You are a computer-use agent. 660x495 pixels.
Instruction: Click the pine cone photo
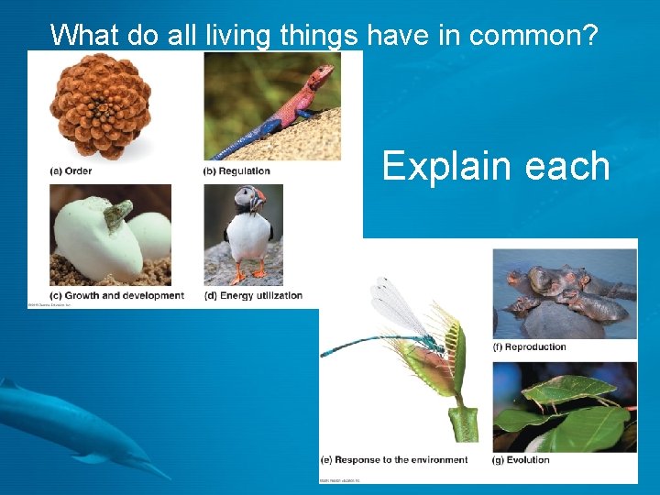[x=100, y=105]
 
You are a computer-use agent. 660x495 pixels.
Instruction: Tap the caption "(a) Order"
[x=71, y=170]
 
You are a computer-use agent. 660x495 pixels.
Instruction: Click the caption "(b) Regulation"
[x=236, y=170]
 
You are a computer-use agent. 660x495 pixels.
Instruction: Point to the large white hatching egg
[x=97, y=242]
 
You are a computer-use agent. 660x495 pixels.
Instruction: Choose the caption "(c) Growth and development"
[x=116, y=295]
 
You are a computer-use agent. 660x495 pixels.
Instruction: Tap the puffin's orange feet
[x=249, y=274]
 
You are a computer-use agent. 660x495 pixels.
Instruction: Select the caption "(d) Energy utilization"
[x=253, y=295]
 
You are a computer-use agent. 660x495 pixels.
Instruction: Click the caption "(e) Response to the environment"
[x=395, y=459]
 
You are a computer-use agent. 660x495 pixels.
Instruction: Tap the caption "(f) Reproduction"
[x=530, y=346]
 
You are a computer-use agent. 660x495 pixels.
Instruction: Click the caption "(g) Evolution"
[x=522, y=459]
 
